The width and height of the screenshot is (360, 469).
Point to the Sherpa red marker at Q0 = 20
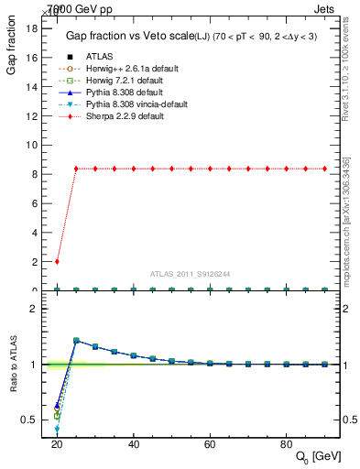click(x=57, y=261)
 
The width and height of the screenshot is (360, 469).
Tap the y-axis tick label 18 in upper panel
click(x=31, y=27)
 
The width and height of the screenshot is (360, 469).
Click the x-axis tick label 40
click(x=134, y=443)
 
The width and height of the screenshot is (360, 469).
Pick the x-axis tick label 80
click(x=287, y=443)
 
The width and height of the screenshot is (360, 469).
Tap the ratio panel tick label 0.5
click(x=29, y=420)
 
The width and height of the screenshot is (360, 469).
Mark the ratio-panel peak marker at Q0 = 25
click(x=76, y=340)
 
